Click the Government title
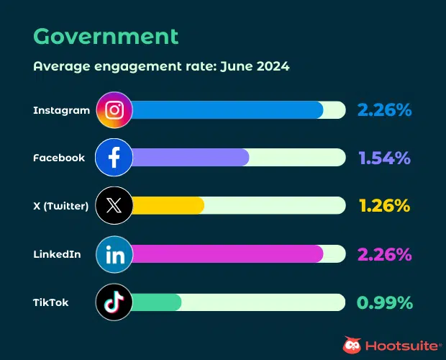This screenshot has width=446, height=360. point(106,36)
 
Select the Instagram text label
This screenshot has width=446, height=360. point(62,110)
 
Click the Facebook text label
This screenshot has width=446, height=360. point(59,158)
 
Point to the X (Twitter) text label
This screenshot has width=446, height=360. point(61,206)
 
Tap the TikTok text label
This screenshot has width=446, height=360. point(51,302)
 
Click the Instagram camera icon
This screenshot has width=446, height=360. point(114,110)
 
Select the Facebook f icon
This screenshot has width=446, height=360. point(114,158)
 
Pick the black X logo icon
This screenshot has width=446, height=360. point(114,206)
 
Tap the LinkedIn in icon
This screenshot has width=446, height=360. point(114,254)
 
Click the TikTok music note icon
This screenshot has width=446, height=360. point(114,302)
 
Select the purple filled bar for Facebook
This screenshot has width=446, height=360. point(191,158)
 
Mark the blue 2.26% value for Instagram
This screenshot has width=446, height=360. point(384,110)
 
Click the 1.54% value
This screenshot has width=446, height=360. point(384,158)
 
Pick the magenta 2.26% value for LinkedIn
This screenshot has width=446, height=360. point(384,254)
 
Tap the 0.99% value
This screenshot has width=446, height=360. point(385,302)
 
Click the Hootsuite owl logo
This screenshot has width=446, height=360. point(352,345)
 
